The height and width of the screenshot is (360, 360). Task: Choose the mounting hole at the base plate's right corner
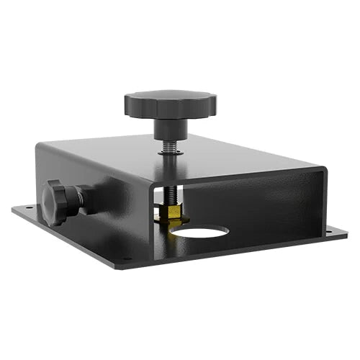pyautogui.click(x=329, y=232)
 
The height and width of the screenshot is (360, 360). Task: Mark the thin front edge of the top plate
pyautogui.click(x=238, y=177)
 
